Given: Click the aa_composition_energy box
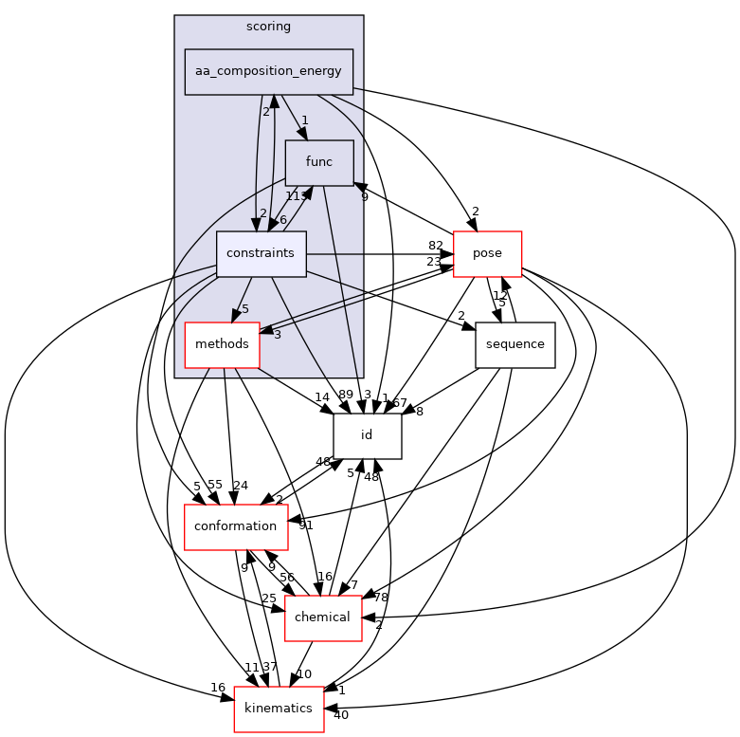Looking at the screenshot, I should (x=268, y=72).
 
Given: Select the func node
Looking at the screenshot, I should (x=318, y=162).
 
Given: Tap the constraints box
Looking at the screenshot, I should (x=261, y=254).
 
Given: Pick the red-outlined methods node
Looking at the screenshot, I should (x=222, y=343).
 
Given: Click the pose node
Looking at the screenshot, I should (x=488, y=254).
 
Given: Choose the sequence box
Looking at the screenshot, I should (x=514, y=343).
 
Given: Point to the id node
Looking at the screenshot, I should (x=367, y=435).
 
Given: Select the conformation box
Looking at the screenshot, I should (x=235, y=526).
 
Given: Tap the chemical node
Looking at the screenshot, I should (x=323, y=617).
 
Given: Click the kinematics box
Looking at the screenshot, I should (x=279, y=709).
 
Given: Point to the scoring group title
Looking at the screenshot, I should (x=268, y=27).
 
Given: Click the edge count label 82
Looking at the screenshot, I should (x=435, y=246).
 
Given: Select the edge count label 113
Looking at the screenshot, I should (x=295, y=196).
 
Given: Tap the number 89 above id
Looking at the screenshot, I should (x=345, y=395).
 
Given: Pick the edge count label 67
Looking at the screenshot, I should (x=400, y=404).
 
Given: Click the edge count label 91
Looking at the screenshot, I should (x=305, y=525).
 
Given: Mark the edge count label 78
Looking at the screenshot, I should (x=381, y=598).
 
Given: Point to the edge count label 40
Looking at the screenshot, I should (x=340, y=714).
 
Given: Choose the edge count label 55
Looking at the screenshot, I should (x=214, y=486).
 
